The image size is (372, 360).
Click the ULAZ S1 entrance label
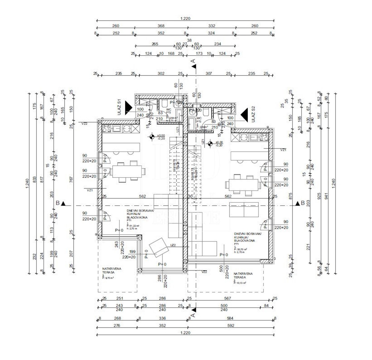pos(119,107)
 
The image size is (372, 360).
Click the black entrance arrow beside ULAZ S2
pos(245,114)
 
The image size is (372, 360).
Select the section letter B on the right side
pos(302,203)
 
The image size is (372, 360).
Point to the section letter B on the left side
pos(57,203)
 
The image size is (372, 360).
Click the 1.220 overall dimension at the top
pos(185,19)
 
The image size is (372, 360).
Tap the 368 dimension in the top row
pos(161,26)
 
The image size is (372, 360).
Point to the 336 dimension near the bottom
pos(162,318)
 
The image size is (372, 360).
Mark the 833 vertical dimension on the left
pos(35,179)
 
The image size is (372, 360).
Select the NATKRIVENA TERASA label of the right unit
pos(243,275)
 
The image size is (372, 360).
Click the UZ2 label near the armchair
pos(173,245)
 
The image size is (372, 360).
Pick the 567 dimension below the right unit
pos(228,298)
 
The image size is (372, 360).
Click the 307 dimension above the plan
pos(209,73)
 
